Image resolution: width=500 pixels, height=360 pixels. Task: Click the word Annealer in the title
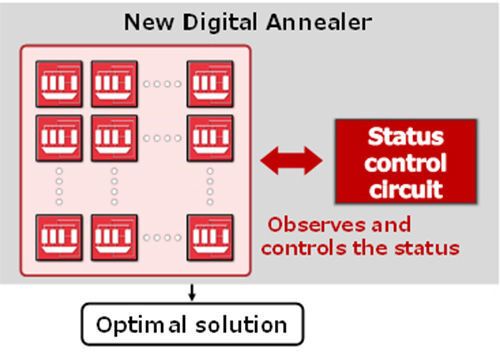(x=319, y=20)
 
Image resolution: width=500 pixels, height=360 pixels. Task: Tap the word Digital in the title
(x=223, y=20)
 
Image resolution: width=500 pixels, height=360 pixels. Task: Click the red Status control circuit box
(x=405, y=162)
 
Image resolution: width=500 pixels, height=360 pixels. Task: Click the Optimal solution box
(x=190, y=325)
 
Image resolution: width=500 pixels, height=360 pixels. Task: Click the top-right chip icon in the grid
(x=210, y=84)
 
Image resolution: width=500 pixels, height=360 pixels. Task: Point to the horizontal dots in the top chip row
(x=162, y=84)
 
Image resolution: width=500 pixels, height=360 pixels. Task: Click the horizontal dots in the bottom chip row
(x=162, y=238)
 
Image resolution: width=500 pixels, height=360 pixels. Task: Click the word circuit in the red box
(x=405, y=187)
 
